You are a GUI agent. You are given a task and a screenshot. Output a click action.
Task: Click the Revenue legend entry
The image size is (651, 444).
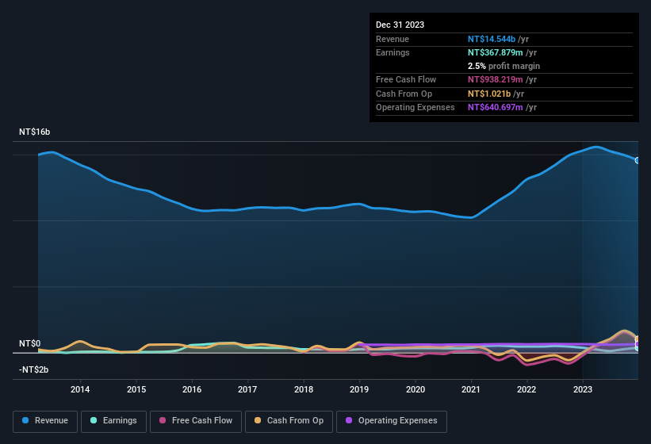coord(45,421)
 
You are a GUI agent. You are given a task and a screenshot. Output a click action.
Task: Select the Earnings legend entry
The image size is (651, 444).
coord(113,421)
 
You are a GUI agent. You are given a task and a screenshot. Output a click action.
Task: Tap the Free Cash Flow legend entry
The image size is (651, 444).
coord(196,421)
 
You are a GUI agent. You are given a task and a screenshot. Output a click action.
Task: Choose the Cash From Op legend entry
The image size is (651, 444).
coord(289,421)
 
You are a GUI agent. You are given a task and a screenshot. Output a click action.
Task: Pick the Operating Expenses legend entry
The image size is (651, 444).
coord(392,421)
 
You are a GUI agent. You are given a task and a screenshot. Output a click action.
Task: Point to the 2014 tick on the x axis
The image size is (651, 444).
coord(80,389)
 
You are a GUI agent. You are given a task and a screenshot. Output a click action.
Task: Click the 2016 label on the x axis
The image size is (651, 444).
coord(192,389)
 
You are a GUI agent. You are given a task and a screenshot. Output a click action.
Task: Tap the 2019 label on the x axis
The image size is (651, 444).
coord(359,389)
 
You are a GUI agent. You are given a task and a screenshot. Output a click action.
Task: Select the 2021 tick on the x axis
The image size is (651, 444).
coord(471,389)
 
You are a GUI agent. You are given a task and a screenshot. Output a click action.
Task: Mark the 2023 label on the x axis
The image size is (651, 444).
coord(583,389)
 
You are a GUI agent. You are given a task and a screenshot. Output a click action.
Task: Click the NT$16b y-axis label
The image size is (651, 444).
coord(35,132)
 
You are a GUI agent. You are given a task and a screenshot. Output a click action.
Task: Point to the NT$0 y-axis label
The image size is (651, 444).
coord(29,344)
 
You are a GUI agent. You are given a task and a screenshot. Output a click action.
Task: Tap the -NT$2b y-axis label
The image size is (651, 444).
coord(34,370)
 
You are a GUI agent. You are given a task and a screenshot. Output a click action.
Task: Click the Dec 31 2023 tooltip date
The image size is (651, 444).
coord(400,25)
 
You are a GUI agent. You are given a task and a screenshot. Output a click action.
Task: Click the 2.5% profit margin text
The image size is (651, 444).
coord(504,66)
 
